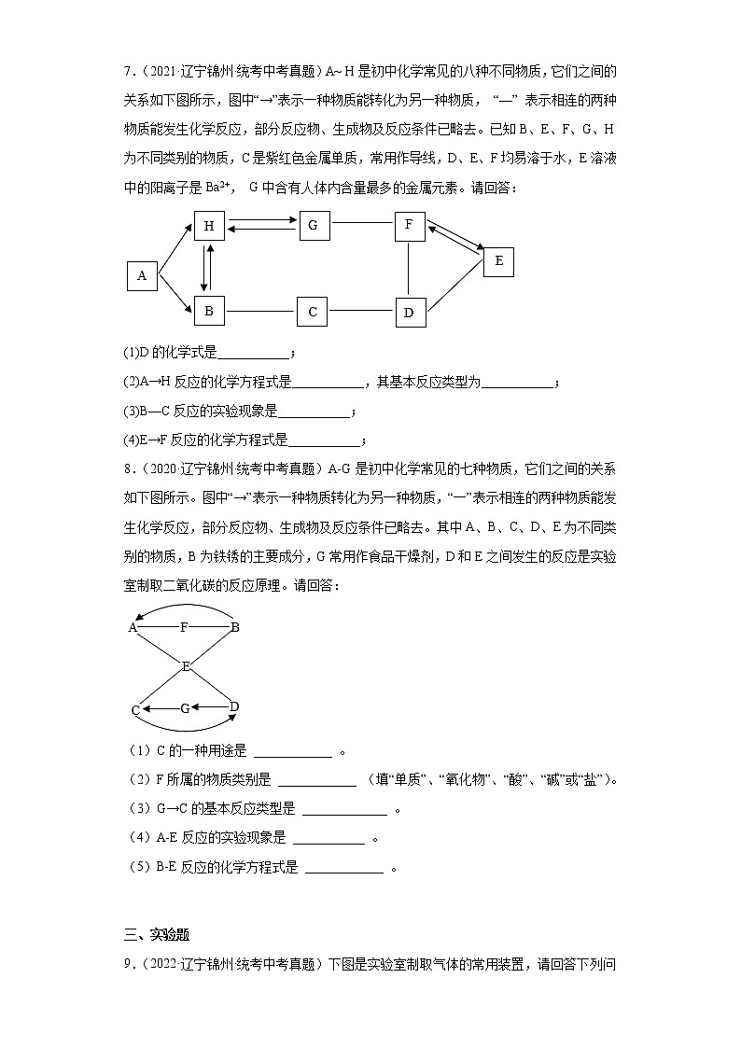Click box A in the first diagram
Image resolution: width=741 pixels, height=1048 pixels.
(x=142, y=275)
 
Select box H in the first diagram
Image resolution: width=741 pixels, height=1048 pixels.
(x=209, y=227)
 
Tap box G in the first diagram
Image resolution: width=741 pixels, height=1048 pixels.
(x=314, y=226)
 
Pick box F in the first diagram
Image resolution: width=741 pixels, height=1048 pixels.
(x=409, y=226)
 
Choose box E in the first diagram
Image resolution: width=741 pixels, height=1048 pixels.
(x=498, y=262)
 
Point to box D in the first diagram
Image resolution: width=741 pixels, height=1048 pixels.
(x=409, y=313)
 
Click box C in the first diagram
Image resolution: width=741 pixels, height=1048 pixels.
(x=313, y=312)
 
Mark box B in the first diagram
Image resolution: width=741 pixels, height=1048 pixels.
(x=209, y=311)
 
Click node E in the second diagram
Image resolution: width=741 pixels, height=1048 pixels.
(x=186, y=666)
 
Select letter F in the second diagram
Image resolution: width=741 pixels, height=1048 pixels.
(x=184, y=628)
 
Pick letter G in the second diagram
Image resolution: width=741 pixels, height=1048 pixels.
(x=185, y=709)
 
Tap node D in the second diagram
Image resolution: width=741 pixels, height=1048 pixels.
(x=234, y=706)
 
